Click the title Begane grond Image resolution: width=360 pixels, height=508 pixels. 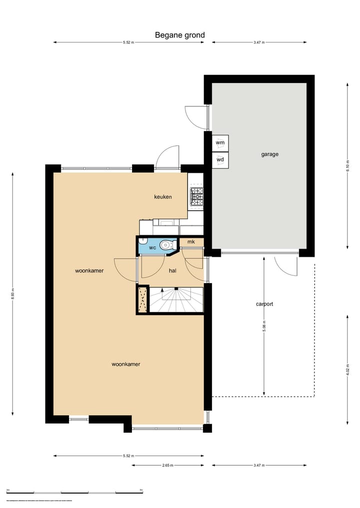pyautogui.click(x=179, y=35)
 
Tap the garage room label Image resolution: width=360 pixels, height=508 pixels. pyautogui.click(x=269, y=154)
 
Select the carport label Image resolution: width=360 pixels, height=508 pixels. pyautogui.click(x=264, y=304)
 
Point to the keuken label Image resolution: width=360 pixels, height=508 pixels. pyautogui.click(x=162, y=197)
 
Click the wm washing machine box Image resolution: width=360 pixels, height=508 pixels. pyautogui.click(x=220, y=143)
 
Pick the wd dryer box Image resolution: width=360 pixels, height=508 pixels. pyautogui.click(x=220, y=160)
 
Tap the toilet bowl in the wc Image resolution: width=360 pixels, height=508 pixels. pyautogui.click(x=168, y=245)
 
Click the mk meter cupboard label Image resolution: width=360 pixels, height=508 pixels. pyautogui.click(x=191, y=242)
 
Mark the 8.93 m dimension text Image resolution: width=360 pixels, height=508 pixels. pyautogui.click(x=12, y=293)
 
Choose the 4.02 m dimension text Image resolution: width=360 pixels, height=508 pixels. pyautogui.click(x=348, y=370)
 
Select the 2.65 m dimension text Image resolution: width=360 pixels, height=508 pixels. pyautogui.click(x=167, y=466)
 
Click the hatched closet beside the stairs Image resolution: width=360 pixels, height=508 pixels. pyautogui.click(x=143, y=299)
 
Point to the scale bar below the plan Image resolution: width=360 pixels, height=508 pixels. pyautogui.click(x=75, y=493)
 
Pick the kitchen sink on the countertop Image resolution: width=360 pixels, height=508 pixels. pyautogui.click(x=166, y=223)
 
